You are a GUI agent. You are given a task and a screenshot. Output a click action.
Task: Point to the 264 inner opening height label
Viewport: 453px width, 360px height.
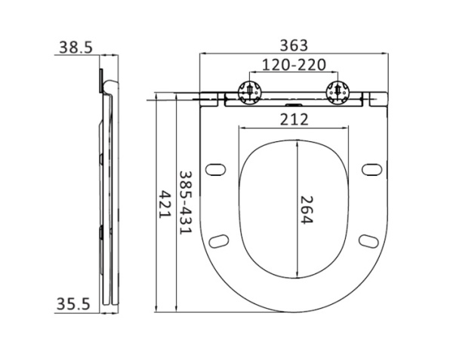pyautogui.click(x=306, y=209)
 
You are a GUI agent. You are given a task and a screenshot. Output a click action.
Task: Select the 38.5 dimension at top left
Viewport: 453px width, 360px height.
pyautogui.click(x=75, y=47)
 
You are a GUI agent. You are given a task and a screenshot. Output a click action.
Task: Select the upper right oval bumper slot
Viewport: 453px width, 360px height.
pyautogui.click(x=371, y=168)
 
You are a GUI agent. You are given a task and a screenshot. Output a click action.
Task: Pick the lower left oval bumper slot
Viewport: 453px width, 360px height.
pyautogui.click(x=220, y=240)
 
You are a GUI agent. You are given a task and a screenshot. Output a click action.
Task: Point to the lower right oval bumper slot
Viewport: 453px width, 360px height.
pyautogui.click(x=368, y=240)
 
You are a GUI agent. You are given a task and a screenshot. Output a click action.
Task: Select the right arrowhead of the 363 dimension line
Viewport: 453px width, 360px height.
pyautogui.click(x=387, y=54)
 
